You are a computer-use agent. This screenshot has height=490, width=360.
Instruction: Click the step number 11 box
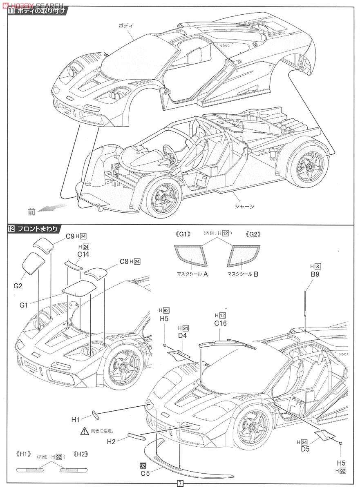tap(11, 11)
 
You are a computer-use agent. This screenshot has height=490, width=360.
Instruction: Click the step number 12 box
tap(11, 229)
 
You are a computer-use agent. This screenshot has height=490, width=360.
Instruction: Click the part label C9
tap(70, 236)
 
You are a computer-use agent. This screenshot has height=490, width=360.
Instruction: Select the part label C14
tap(83, 254)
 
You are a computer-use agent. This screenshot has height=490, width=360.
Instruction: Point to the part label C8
tap(124, 262)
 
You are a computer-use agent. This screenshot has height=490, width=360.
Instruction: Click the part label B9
tap(315, 274)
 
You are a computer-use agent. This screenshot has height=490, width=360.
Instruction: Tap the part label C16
tap(220, 323)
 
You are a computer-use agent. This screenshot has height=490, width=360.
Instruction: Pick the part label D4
tap(183, 336)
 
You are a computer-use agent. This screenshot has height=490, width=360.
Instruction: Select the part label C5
tap(145, 474)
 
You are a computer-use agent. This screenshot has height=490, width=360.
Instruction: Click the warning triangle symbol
tap(85, 431)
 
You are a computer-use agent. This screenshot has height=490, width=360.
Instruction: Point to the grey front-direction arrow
tap(52, 207)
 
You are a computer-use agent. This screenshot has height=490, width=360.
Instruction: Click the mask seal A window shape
tap(191, 255)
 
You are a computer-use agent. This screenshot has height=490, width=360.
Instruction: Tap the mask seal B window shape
tap(244, 256)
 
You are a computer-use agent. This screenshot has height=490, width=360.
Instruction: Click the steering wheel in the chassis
tap(169, 153)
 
